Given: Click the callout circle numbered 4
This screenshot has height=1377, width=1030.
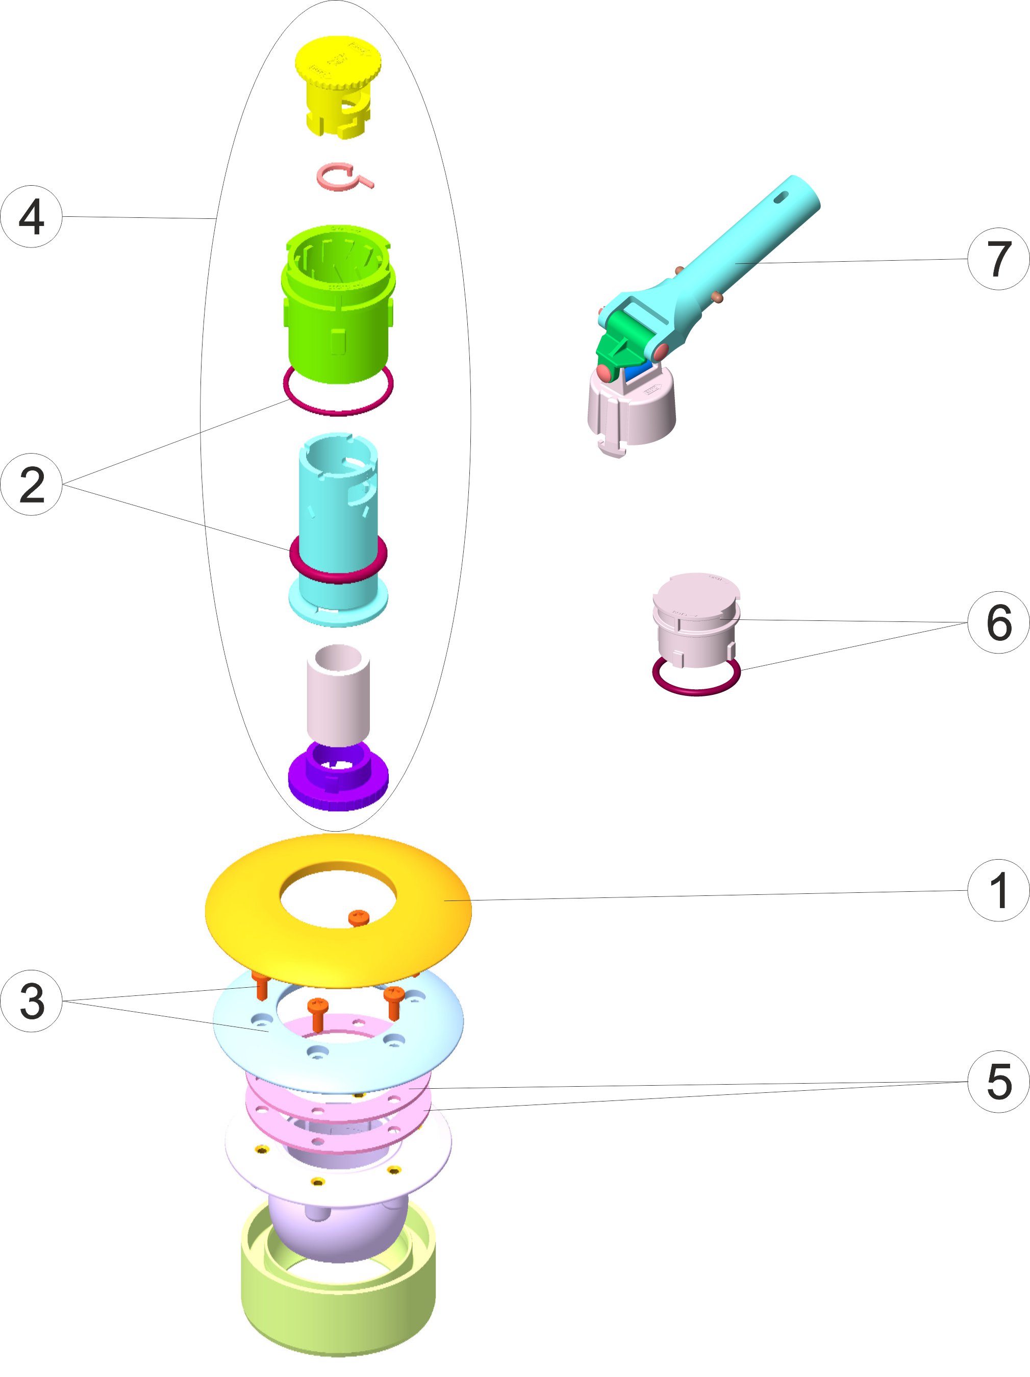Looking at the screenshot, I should (31, 217).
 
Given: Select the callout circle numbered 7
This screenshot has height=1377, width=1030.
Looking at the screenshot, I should (998, 258).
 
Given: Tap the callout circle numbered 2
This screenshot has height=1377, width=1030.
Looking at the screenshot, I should (31, 484).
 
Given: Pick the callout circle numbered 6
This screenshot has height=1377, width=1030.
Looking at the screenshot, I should (998, 622).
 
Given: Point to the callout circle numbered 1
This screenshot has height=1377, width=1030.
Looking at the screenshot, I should (998, 890).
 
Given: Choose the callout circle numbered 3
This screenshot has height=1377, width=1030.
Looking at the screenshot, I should (31, 1001).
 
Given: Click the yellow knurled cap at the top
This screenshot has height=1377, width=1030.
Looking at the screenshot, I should (338, 81).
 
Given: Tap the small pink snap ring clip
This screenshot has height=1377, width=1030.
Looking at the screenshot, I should (341, 177).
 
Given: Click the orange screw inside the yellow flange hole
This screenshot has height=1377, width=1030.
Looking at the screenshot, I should (359, 917).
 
